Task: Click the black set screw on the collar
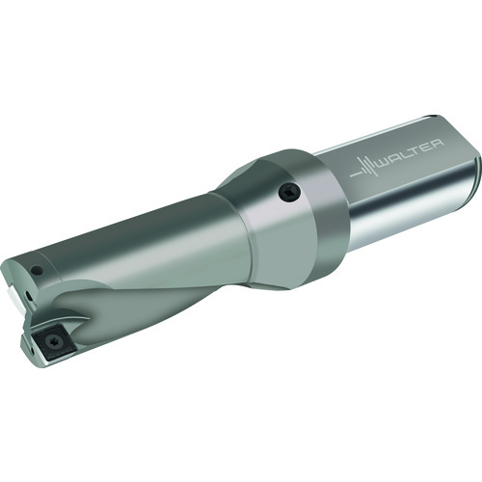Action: (x=289, y=192)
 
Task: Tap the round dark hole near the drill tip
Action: (x=38, y=271)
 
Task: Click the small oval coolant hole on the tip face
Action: (x=29, y=296)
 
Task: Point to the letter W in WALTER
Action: (x=386, y=162)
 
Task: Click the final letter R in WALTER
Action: (x=438, y=144)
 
